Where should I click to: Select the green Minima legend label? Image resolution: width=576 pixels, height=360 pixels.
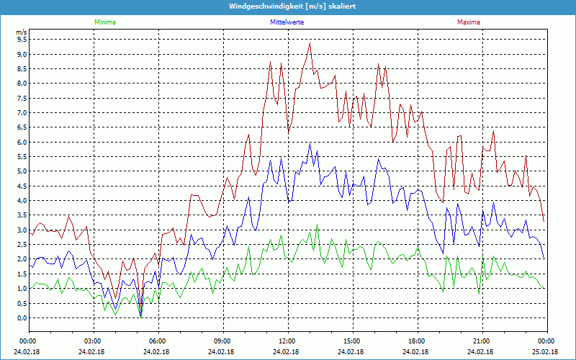point(104,22)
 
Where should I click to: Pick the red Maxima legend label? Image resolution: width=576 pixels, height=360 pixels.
point(468,22)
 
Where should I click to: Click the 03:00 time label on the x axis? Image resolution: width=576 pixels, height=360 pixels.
point(93,341)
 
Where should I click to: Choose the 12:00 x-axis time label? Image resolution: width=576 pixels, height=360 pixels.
point(287,341)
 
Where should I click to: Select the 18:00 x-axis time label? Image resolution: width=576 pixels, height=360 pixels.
point(417,341)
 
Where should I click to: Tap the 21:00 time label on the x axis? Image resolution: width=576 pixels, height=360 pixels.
point(482,341)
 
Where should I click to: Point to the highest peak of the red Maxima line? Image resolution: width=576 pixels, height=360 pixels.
point(310,43)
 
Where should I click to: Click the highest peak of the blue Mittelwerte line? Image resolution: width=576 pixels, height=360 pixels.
point(310,143)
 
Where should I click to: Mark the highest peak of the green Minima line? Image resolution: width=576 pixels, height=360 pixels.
point(317,225)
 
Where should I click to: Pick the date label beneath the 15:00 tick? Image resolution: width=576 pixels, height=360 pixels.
point(352,352)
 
